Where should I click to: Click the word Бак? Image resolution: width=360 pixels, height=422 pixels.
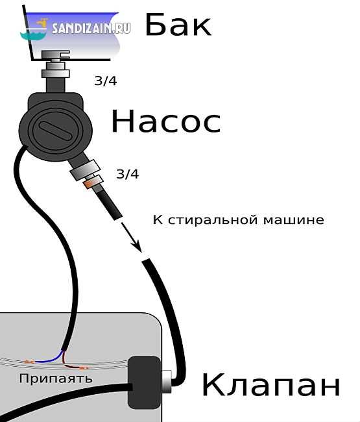pyautogui.click(x=178, y=25)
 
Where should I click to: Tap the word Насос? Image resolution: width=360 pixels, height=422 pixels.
pyautogui.click(x=166, y=121)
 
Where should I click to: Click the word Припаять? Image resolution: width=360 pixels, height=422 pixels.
pyautogui.click(x=56, y=379)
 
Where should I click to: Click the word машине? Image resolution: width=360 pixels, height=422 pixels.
pyautogui.click(x=294, y=220)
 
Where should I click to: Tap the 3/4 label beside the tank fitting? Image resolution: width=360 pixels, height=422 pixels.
pyautogui.click(x=105, y=81)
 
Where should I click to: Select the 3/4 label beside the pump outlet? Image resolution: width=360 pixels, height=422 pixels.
pyautogui.click(x=127, y=174)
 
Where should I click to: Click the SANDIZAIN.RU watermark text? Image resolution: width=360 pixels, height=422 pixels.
pyautogui.click(x=91, y=29)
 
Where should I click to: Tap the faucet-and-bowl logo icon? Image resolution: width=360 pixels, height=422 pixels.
pyautogui.click(x=34, y=30)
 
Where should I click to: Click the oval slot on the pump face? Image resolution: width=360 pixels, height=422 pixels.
pyautogui.click(x=56, y=130)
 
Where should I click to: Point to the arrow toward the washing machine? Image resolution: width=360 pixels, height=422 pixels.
pyautogui.click(x=131, y=237)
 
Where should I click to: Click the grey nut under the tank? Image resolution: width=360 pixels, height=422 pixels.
pyautogui.click(x=56, y=73)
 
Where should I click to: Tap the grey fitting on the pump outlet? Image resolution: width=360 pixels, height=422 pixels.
pyautogui.click(x=85, y=169)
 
